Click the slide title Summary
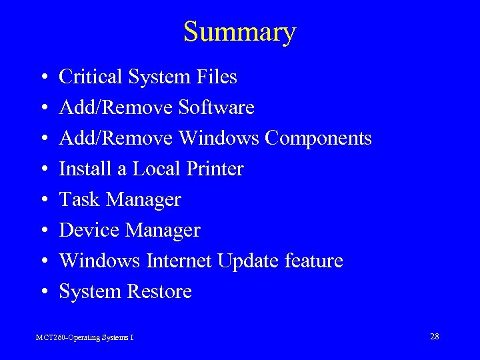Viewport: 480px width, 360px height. click(x=239, y=32)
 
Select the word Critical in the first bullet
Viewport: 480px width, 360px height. click(x=90, y=77)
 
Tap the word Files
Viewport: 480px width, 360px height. click(x=217, y=77)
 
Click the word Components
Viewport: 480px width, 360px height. click(x=318, y=139)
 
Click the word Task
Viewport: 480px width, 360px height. click(x=80, y=200)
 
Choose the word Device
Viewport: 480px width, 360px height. click(x=90, y=231)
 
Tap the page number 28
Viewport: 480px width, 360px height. click(x=434, y=336)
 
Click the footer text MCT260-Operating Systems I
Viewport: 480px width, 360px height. click(x=85, y=338)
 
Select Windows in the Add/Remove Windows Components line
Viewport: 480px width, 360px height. click(x=218, y=139)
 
